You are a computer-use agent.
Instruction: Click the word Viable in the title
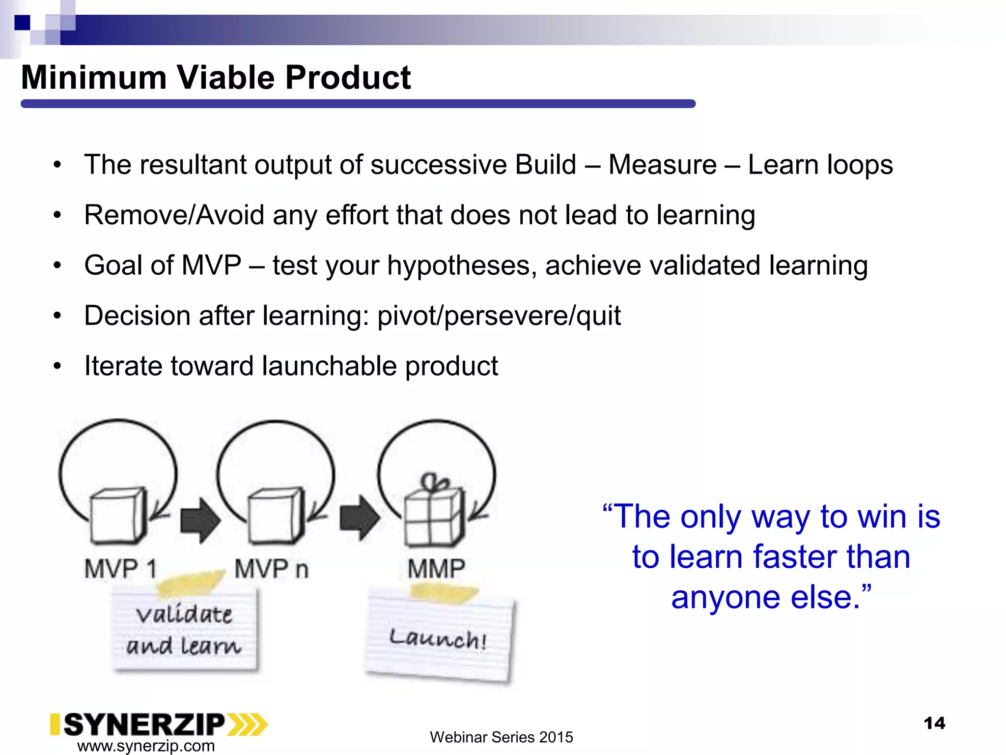click(228, 78)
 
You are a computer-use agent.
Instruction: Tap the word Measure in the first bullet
click(662, 165)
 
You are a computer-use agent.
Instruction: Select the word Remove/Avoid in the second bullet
click(174, 215)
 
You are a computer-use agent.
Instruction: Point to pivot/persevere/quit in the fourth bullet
click(499, 316)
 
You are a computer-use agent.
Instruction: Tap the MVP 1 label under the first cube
click(120, 569)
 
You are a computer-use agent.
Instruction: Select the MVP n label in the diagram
click(271, 569)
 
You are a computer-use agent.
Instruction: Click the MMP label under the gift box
click(436, 569)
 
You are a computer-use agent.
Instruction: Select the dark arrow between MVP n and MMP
click(360, 518)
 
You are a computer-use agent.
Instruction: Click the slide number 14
click(934, 723)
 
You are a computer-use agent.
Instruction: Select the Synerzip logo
click(158, 725)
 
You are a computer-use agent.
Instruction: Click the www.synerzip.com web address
click(146, 746)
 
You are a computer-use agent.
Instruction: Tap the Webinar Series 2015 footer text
click(501, 737)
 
